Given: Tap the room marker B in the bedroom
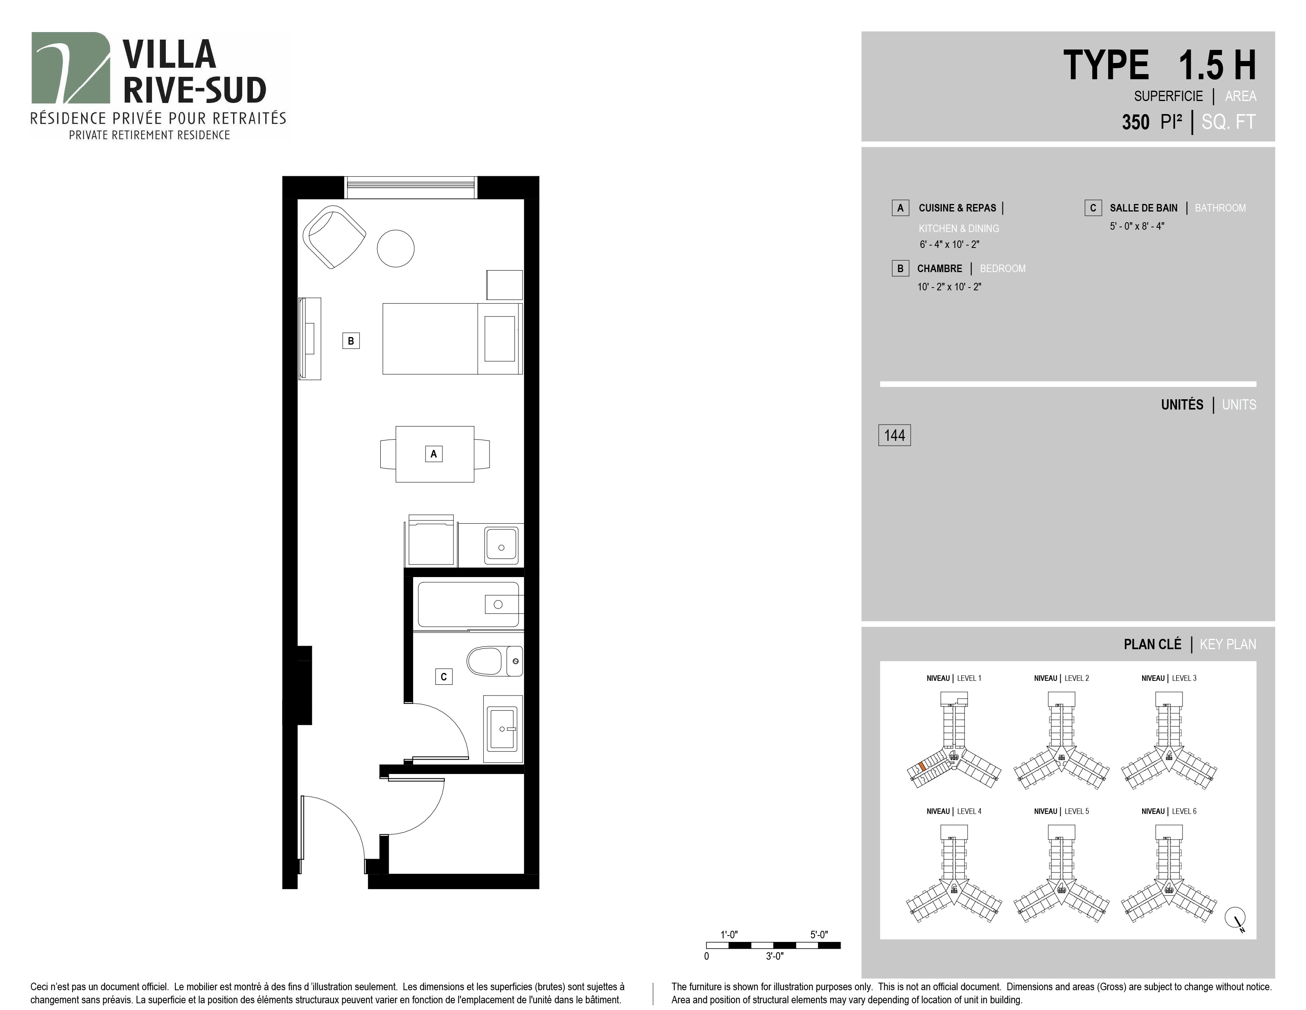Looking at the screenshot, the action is pos(351,341).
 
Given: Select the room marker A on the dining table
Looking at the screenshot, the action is pos(433,454).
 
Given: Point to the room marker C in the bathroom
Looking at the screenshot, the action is pos(444,677).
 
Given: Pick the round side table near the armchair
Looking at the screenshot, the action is pos(395,248).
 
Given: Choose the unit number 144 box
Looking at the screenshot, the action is pos(894,435).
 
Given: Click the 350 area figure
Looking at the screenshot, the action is pos(1135,122).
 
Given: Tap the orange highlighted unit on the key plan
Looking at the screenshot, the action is pos(923,766).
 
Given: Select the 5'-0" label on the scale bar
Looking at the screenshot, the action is pos(819,935).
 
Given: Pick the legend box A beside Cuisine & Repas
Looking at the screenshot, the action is pos(900,208).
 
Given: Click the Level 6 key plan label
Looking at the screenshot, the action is pos(1169,811).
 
